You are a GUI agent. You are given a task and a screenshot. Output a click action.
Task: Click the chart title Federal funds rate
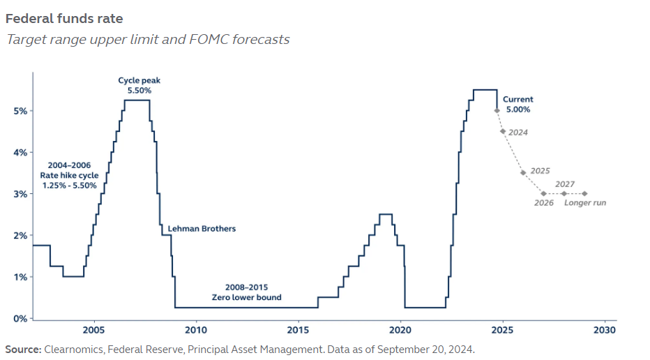[x=63, y=19]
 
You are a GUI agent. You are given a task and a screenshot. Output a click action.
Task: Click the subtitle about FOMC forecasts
[x=147, y=39]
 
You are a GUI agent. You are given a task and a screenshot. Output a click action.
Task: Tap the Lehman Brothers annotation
[x=202, y=228]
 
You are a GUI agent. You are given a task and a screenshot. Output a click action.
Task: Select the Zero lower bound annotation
[x=246, y=292]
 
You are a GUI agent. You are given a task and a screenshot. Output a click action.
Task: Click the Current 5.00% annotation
[x=517, y=105]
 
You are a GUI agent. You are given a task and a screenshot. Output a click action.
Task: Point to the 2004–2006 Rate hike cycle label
[x=68, y=175]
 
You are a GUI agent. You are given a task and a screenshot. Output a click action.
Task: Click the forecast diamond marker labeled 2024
[x=503, y=131]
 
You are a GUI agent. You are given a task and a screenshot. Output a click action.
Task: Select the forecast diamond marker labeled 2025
[x=523, y=172]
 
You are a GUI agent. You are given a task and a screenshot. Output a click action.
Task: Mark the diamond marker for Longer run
[x=584, y=194]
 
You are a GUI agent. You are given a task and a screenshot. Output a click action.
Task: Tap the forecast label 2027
[x=565, y=184]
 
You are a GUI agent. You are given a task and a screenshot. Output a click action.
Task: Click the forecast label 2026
[x=543, y=203]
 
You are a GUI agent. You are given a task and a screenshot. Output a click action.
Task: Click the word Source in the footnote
[x=22, y=349]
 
